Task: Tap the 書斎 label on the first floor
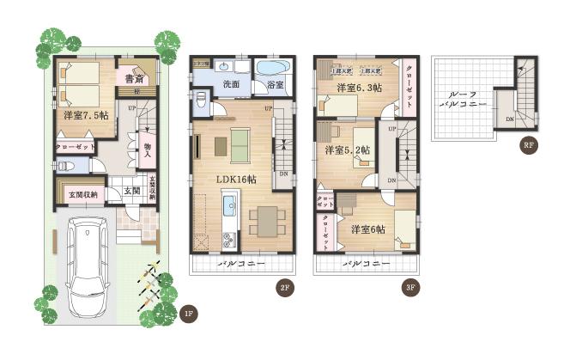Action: (132, 79)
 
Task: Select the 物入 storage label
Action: (147, 149)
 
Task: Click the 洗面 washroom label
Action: (231, 85)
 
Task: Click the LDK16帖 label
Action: (236, 179)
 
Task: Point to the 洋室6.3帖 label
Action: (361, 88)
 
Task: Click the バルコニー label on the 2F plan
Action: (237, 262)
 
